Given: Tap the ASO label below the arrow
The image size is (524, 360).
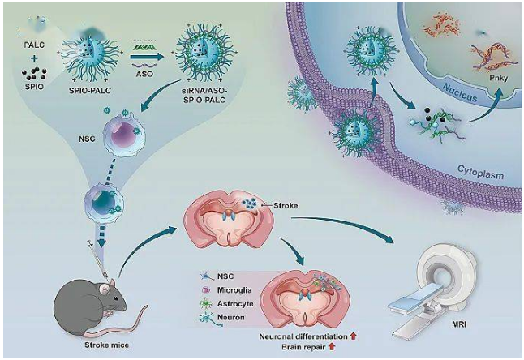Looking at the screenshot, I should [x=145, y=71].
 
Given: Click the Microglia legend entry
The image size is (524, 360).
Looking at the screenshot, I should [x=233, y=289].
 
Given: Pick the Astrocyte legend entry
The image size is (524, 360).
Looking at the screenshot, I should [x=234, y=302].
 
